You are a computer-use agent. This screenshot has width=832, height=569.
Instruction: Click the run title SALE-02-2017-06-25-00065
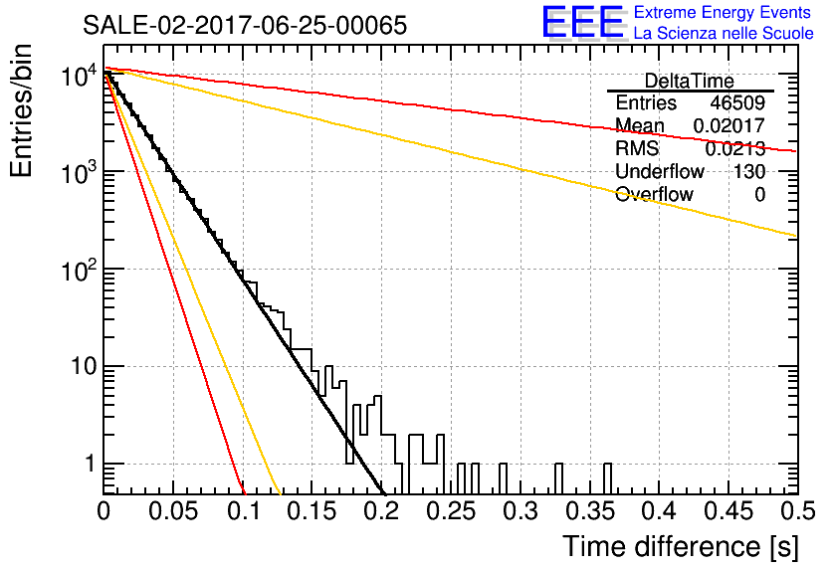(244, 26)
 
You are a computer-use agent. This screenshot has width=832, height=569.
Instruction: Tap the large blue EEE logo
(582, 23)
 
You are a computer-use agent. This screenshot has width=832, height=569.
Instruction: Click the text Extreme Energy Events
(724, 13)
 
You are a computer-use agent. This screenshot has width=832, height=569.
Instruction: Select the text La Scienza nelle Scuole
(724, 34)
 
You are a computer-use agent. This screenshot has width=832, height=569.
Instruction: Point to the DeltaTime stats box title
(690, 81)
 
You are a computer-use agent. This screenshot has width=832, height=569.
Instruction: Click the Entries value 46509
(737, 103)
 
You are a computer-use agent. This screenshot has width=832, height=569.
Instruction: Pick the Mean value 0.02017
(729, 126)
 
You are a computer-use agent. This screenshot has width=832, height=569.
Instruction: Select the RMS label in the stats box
(638, 149)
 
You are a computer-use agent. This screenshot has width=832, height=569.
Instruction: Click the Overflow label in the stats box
(654, 195)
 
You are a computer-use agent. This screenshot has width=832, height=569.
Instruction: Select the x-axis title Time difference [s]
(680, 546)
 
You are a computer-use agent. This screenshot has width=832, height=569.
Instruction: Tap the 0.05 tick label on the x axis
(173, 513)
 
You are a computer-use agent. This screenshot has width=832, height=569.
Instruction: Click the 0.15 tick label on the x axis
(312, 513)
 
